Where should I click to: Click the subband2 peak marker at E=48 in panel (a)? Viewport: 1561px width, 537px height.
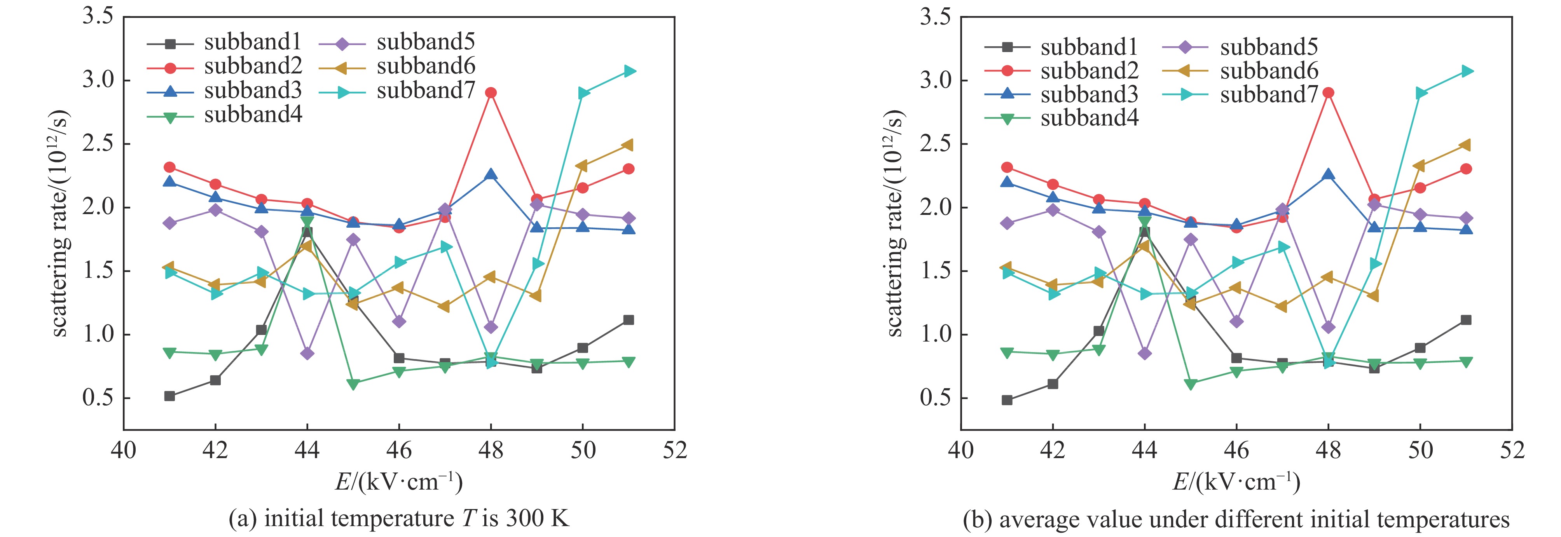(491, 93)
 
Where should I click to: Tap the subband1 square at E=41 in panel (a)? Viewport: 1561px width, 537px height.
(170, 396)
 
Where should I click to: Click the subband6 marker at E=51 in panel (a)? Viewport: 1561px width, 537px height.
(629, 145)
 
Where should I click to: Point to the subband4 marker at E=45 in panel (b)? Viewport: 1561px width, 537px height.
(1191, 384)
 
